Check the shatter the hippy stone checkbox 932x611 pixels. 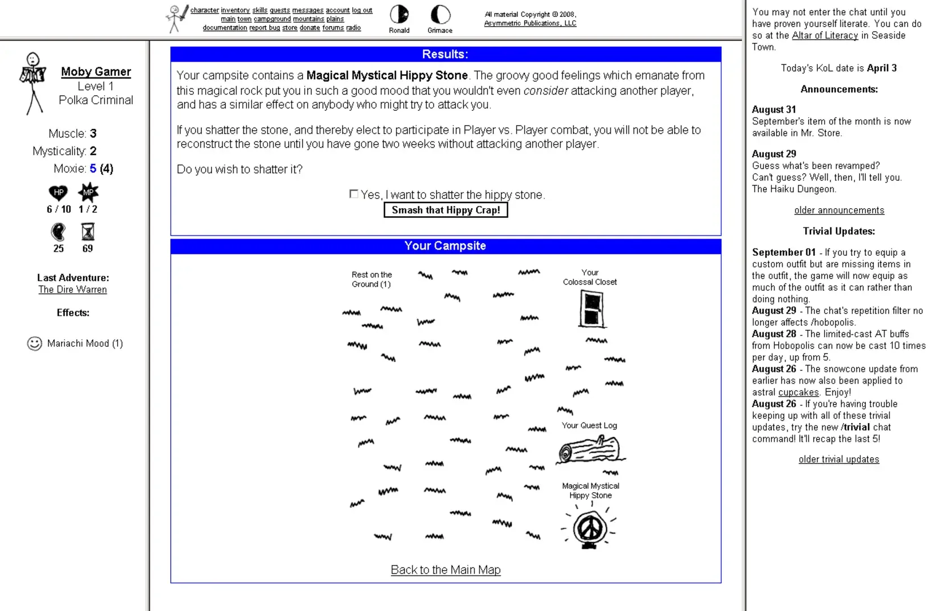[354, 194]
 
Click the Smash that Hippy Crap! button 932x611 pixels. [446, 210]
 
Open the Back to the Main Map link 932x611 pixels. [446, 570]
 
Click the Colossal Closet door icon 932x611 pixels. [592, 309]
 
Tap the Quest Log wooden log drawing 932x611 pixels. [590, 450]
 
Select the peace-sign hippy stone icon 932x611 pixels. [590, 528]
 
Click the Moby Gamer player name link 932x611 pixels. [96, 72]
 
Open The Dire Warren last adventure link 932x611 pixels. [72, 290]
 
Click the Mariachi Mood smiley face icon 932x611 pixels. [34, 343]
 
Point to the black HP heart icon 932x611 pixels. [58, 193]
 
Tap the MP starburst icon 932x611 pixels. [88, 192]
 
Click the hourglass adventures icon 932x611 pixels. [88, 232]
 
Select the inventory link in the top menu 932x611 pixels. [235, 10]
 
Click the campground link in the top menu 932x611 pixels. [272, 19]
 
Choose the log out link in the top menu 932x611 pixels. [362, 10]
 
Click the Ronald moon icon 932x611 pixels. [399, 14]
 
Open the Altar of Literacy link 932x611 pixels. [825, 35]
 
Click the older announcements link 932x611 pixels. [839, 210]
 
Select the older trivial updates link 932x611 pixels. [839, 459]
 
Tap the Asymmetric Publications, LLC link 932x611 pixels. [530, 23]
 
